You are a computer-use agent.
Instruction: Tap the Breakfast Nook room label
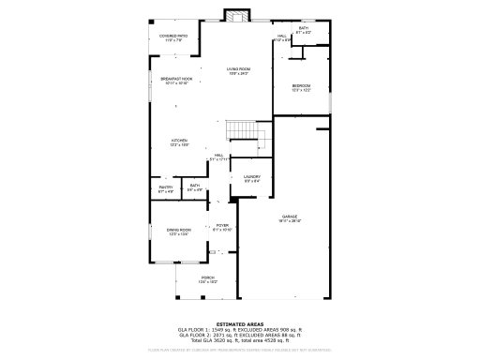click(x=176, y=81)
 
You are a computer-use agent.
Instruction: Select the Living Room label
click(x=238, y=71)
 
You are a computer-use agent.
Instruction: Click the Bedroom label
click(x=301, y=88)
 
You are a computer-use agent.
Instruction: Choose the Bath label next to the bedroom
click(x=303, y=30)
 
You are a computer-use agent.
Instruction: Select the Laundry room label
click(x=252, y=178)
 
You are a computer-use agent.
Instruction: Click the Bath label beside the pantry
click(x=195, y=187)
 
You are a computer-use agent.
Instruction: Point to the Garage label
click(x=290, y=217)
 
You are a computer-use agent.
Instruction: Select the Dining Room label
click(x=179, y=232)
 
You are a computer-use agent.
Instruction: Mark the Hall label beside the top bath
click(x=280, y=38)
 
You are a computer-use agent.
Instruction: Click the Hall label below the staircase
click(x=217, y=157)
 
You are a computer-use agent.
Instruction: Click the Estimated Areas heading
click(x=240, y=324)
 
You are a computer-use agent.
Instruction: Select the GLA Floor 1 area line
click(x=240, y=330)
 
